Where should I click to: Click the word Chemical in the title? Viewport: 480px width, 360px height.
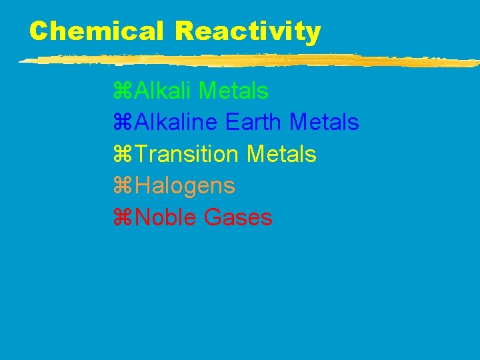click(96, 31)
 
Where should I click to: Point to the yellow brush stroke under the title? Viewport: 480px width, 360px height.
click(247, 61)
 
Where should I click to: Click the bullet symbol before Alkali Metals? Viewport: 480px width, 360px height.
click(123, 90)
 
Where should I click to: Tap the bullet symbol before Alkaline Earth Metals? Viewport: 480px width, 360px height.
click(123, 122)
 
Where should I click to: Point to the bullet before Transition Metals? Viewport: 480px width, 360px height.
click(123, 154)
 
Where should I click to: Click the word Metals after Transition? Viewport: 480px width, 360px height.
click(281, 154)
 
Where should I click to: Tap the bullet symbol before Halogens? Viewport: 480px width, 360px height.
click(123, 186)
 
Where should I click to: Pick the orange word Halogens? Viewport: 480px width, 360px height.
click(185, 187)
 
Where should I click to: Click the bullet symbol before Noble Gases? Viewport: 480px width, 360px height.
click(123, 218)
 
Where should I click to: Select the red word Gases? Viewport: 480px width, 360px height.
click(239, 218)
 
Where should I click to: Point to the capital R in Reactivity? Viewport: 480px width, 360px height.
click(186, 31)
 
